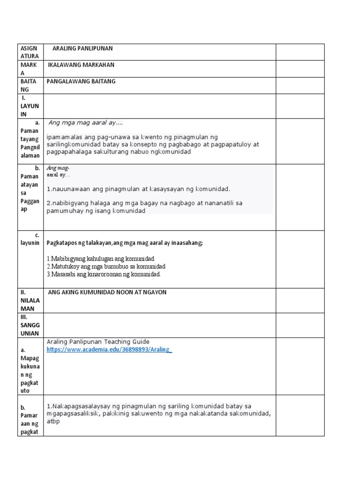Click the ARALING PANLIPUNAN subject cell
(x=82, y=48)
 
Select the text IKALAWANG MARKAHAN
(x=81, y=65)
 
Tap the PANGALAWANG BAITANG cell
(x=81, y=81)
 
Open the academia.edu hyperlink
(x=109, y=350)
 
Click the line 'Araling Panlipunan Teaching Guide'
(x=98, y=342)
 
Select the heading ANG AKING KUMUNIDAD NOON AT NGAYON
(x=107, y=292)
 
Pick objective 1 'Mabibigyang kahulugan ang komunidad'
(x=100, y=259)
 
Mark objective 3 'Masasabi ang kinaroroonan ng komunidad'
(x=104, y=274)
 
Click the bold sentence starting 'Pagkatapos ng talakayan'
(x=124, y=243)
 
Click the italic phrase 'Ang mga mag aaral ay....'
(x=85, y=123)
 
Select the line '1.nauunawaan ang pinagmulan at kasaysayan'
(x=138, y=189)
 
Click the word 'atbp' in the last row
(x=53, y=421)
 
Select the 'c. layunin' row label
(x=30, y=239)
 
